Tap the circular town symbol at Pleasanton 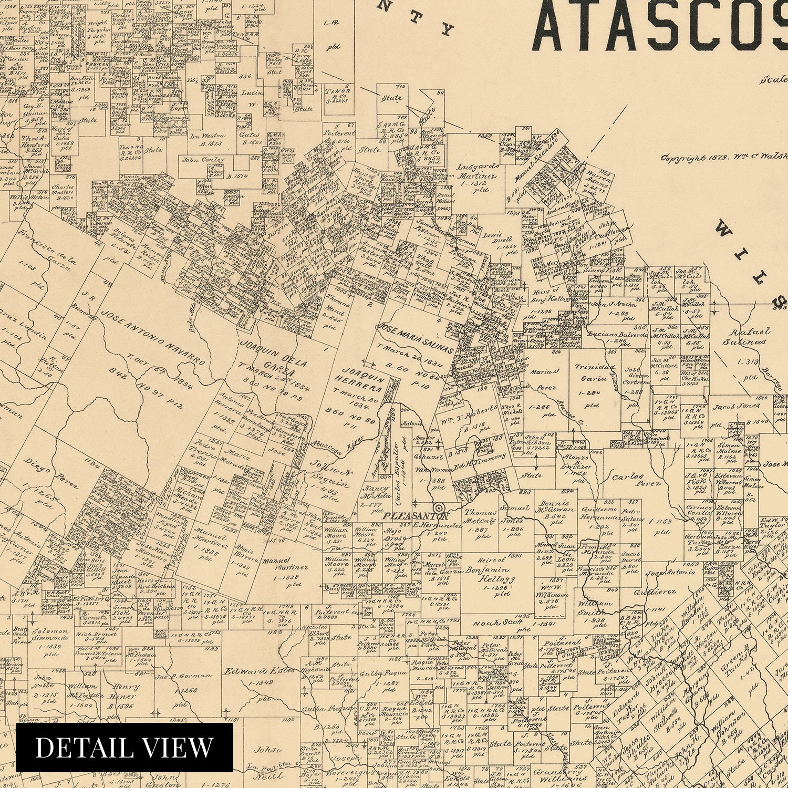pos(440,508)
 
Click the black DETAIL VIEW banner pos(125,747)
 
